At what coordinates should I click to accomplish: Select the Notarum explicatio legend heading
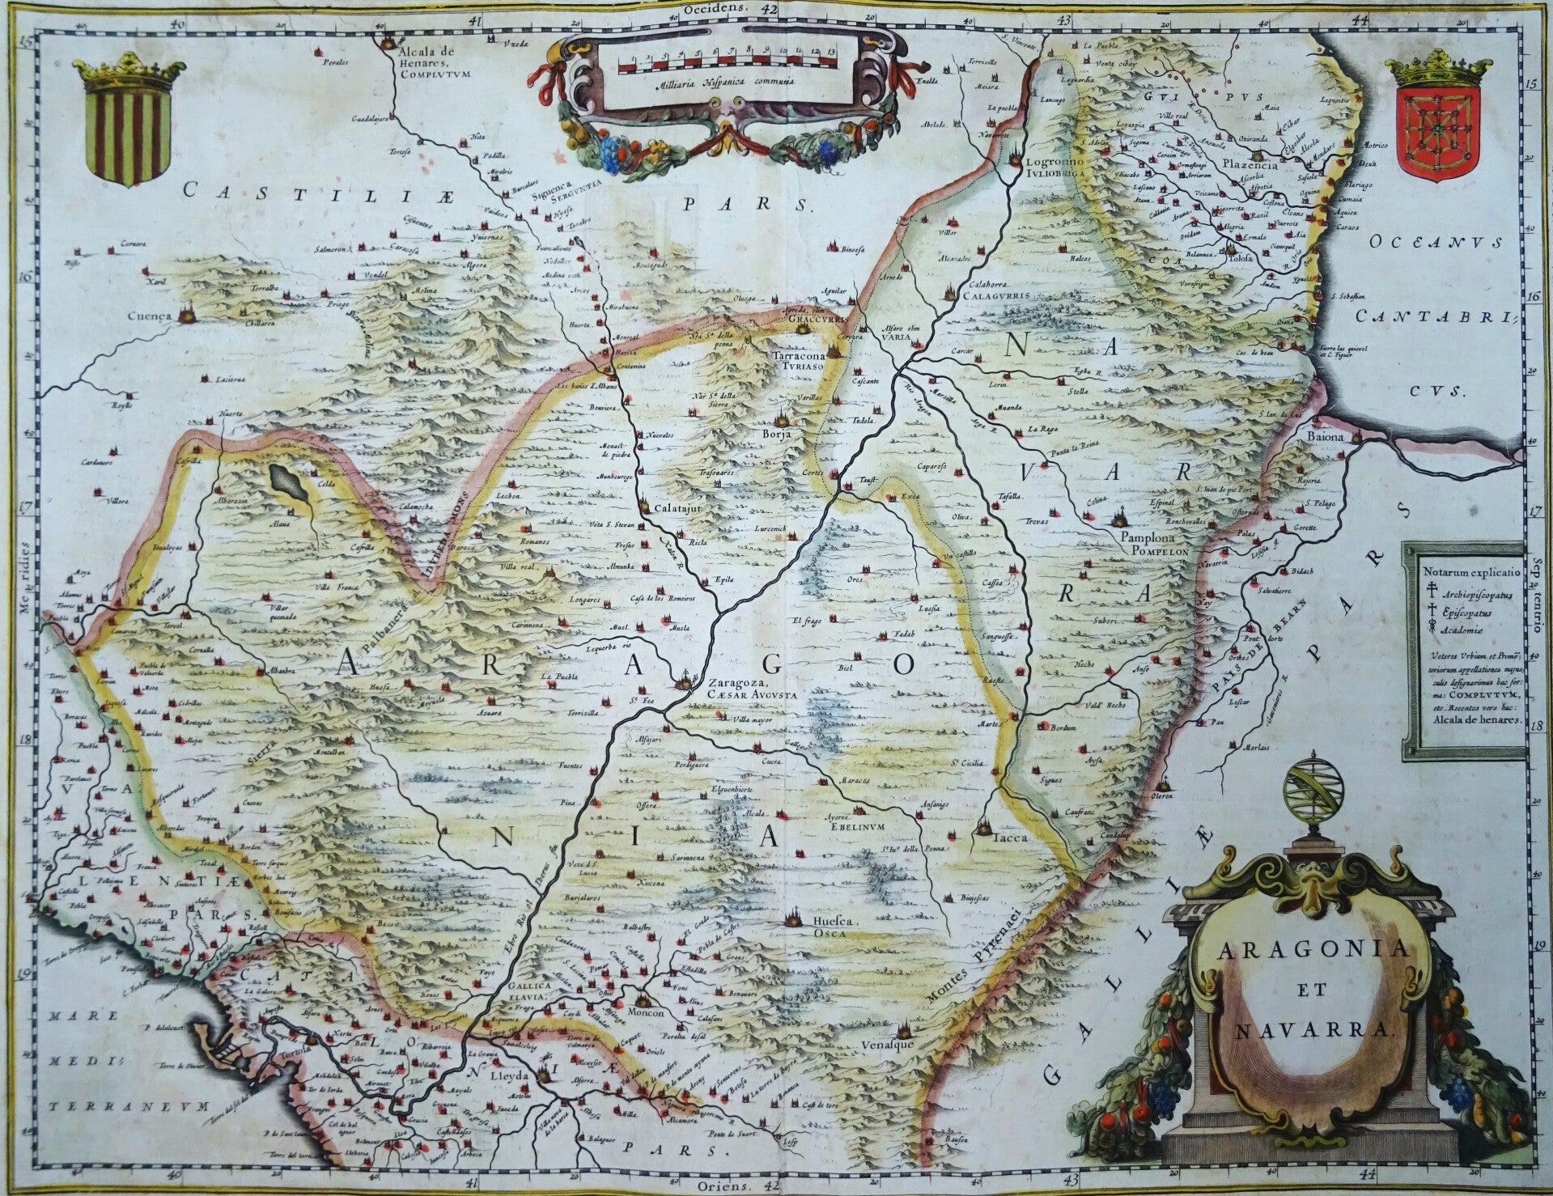click(x=1465, y=570)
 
